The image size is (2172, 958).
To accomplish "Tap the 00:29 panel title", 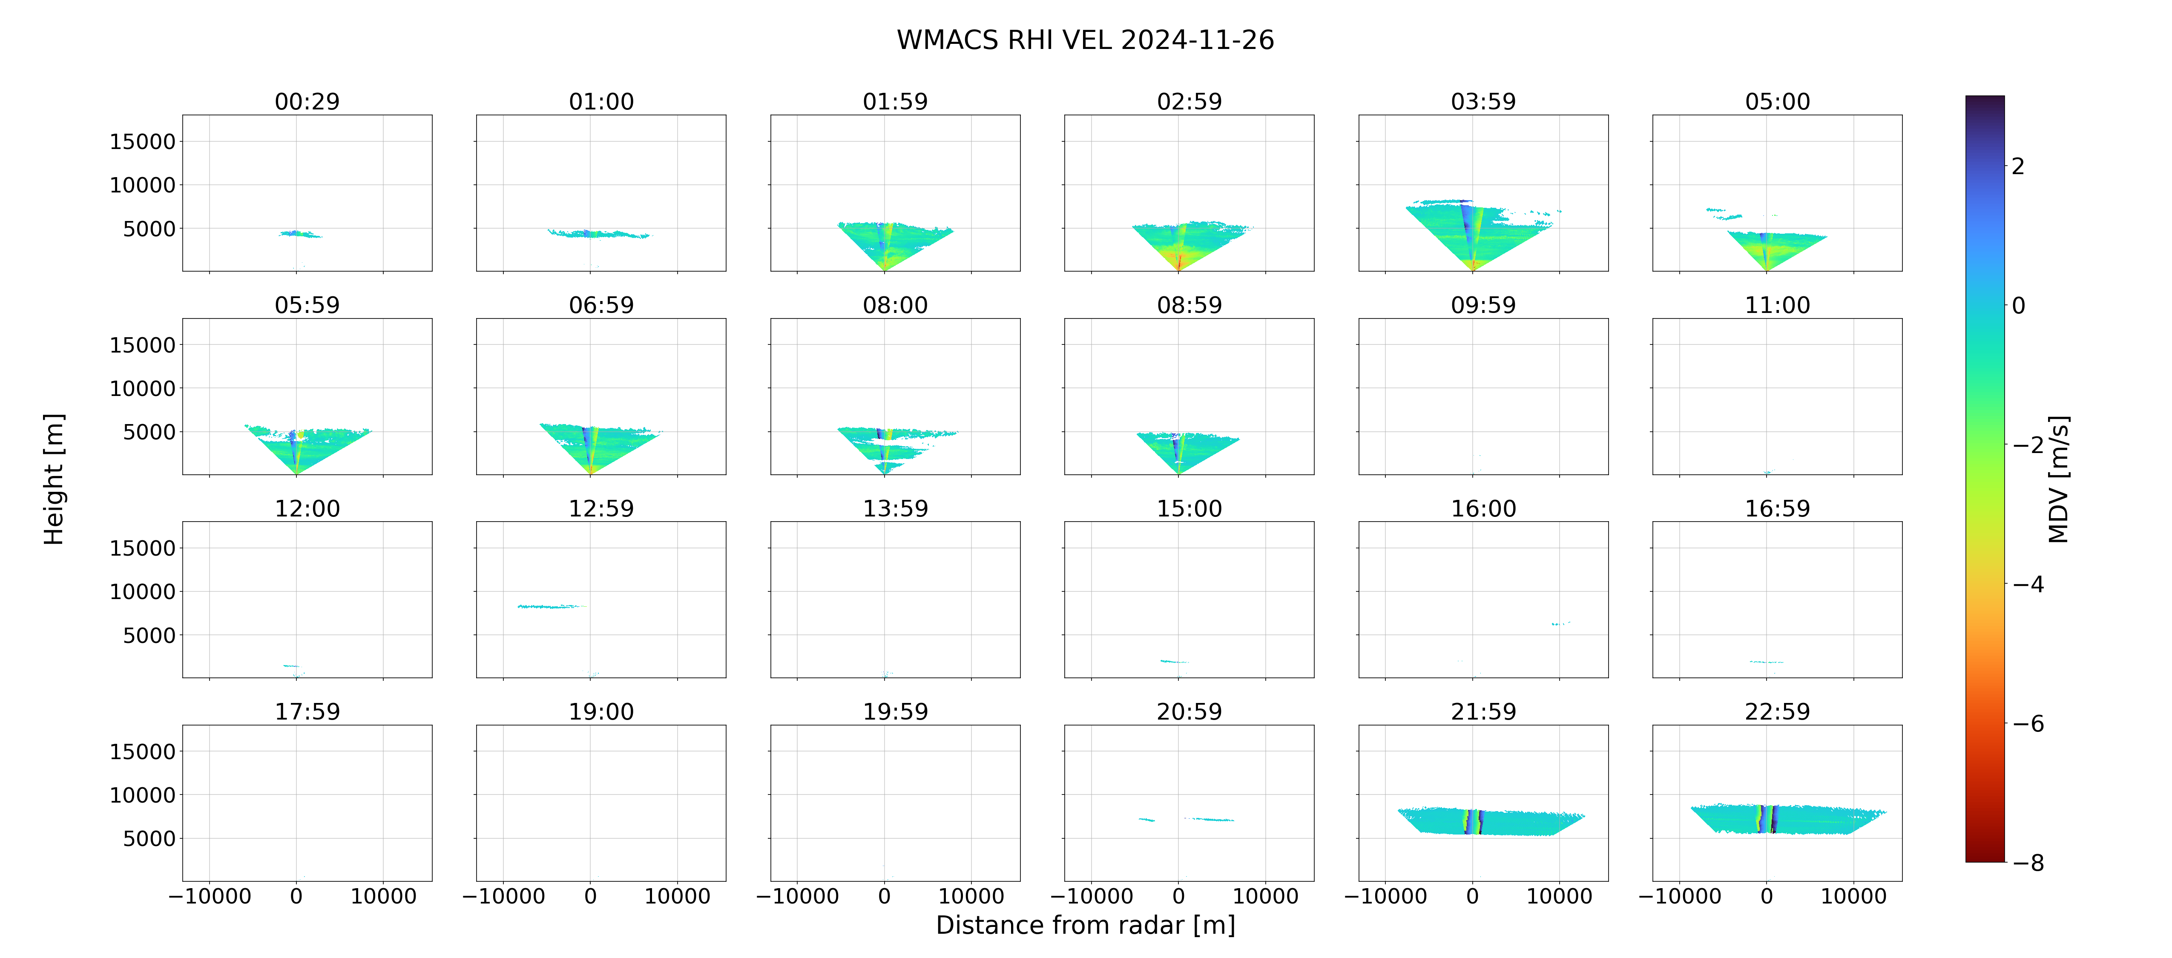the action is tap(307, 102).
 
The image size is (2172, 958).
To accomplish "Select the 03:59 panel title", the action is tap(1483, 102).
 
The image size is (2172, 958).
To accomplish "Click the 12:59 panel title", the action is tap(601, 508).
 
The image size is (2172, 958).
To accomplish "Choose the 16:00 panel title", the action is tap(1483, 508).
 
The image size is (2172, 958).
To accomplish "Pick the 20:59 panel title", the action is tap(1189, 712).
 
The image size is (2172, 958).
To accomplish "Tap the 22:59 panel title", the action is tap(1777, 712).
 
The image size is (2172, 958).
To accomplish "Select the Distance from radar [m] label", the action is tap(1085, 925).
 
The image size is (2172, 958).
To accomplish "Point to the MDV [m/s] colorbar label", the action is tap(2058, 479).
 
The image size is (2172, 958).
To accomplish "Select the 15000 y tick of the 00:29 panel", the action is tap(143, 142).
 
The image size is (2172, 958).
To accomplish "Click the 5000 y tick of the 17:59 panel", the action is tap(149, 838).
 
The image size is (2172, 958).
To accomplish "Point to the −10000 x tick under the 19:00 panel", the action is tap(503, 896).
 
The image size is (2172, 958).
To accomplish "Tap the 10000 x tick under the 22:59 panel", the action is tap(1853, 896).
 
